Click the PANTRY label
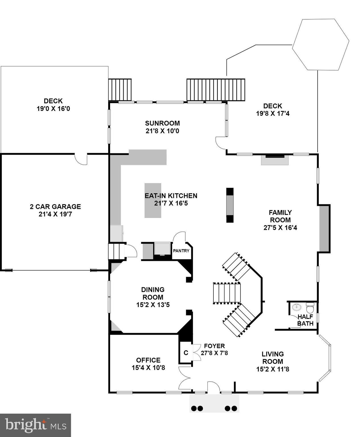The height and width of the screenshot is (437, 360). [181, 251]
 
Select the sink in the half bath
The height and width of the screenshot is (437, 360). [297, 307]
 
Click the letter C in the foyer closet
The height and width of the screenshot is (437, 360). [186, 353]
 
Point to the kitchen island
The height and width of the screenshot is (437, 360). [153, 201]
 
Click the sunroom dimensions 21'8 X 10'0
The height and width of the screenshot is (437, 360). [162, 131]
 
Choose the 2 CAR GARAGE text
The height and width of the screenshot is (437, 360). [55, 207]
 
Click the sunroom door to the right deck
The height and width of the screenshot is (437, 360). [220, 143]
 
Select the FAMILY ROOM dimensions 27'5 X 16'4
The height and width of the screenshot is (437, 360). [280, 228]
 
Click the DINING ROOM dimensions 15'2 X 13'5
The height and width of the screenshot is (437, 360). [153, 305]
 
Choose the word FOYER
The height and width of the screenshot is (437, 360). [215, 346]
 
